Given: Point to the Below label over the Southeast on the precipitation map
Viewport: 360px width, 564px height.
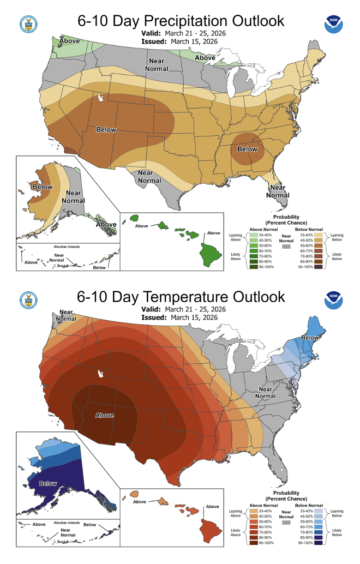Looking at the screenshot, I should [247, 149].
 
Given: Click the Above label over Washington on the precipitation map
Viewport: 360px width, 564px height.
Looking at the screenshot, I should [70, 41].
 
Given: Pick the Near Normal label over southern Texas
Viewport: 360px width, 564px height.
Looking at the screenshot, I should [149, 177].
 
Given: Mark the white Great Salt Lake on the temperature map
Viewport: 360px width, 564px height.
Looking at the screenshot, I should [100, 374].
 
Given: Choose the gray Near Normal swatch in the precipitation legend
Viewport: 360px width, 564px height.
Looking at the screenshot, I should [285, 247].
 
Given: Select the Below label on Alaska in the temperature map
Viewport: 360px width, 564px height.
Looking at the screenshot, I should [49, 483].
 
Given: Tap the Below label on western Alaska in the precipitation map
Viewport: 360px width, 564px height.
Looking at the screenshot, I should [43, 187].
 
